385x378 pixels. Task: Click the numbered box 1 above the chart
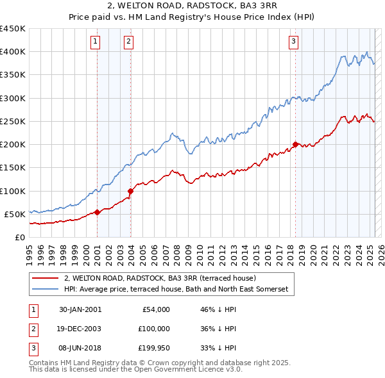95,42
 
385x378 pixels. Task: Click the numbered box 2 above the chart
128,42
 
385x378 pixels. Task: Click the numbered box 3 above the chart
293,42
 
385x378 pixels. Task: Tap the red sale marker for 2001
97,212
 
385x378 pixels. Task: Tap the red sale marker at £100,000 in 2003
130,190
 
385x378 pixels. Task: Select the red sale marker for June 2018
295,144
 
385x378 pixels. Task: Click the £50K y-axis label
15,214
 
